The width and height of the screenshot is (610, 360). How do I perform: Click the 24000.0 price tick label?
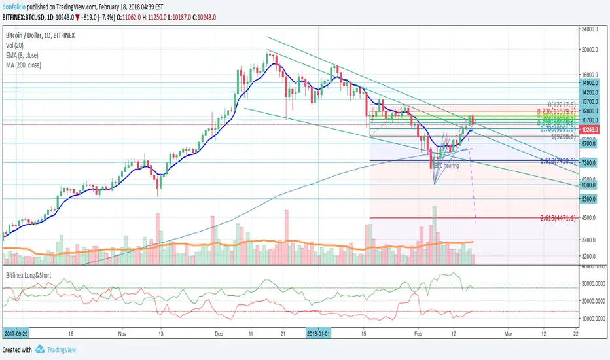593,29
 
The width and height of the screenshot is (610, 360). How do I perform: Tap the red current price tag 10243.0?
593,130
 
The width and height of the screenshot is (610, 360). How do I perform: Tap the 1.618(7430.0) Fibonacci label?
557,160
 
